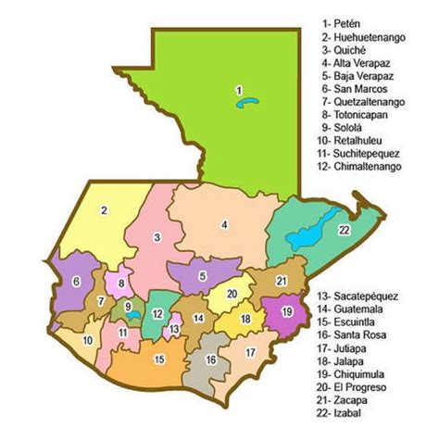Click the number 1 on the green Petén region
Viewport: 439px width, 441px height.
pos(239,90)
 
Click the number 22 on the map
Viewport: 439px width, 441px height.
pos(345,230)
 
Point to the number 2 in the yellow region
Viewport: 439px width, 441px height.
pos(105,210)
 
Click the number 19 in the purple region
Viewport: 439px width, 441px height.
pos(287,310)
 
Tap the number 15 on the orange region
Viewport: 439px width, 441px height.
pos(159,359)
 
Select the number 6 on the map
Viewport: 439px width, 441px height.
pos(77,282)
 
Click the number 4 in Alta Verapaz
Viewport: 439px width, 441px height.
pos(224,224)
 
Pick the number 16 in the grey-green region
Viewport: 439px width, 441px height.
pos(211,360)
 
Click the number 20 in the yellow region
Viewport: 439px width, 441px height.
pos(232,294)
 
